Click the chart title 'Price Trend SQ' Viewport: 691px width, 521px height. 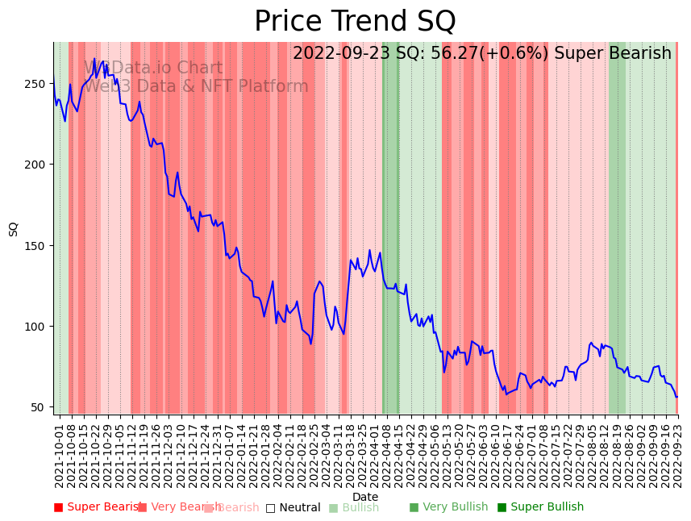(x=355, y=22)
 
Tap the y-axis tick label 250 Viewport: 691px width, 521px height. (x=38, y=83)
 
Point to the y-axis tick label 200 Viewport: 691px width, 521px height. (x=38, y=165)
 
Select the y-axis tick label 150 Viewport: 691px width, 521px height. (x=38, y=246)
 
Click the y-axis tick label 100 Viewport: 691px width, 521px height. (x=38, y=327)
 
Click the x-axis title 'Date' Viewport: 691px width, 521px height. (x=365, y=498)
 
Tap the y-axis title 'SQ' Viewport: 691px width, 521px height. (x=14, y=229)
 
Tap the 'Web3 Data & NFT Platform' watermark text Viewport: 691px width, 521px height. (x=196, y=86)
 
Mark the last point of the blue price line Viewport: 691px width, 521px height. (x=676, y=397)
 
